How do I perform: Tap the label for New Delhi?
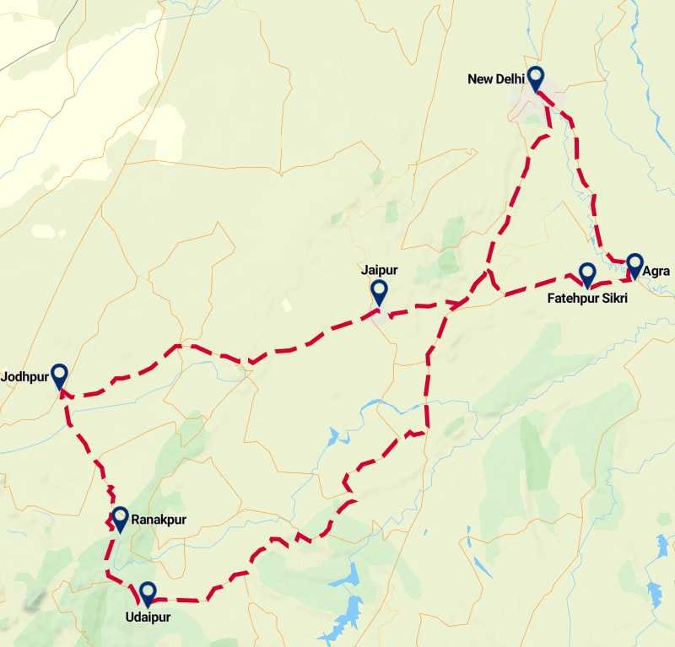click(496, 79)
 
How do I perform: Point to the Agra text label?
click(656, 272)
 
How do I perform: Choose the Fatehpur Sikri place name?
click(587, 298)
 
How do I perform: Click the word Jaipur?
click(379, 270)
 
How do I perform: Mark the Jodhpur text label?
click(25, 375)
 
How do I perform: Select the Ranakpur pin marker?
click(120, 519)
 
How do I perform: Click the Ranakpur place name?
click(159, 520)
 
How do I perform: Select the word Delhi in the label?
click(509, 79)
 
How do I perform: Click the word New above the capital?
click(478, 79)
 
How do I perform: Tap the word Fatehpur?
click(573, 298)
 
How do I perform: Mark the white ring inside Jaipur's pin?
click(380, 289)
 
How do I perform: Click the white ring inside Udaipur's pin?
click(148, 590)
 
